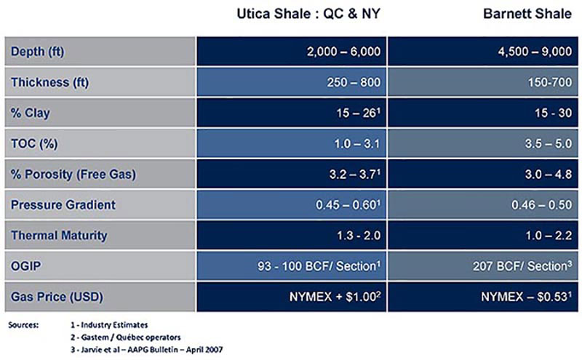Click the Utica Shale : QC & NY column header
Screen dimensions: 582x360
click(x=308, y=14)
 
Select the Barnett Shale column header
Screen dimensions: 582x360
click(x=527, y=14)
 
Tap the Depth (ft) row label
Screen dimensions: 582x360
click(x=38, y=51)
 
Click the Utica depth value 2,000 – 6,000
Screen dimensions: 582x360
click(x=343, y=51)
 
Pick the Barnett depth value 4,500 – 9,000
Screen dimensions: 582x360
click(x=535, y=51)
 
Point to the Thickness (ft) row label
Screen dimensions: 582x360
click(x=49, y=82)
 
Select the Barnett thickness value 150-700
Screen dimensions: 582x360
click(x=550, y=82)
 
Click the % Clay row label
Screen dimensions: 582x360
click(x=30, y=113)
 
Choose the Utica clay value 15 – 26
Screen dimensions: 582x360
click(x=359, y=113)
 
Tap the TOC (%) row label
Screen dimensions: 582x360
click(x=34, y=143)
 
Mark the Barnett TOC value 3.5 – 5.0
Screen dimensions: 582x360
click(x=549, y=143)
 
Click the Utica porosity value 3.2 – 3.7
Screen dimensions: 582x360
click(x=355, y=174)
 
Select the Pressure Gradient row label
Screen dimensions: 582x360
click(x=63, y=205)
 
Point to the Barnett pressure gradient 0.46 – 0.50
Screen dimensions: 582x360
click(x=542, y=205)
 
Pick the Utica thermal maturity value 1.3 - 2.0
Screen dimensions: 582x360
click(x=359, y=236)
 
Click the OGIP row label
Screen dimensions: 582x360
click(x=25, y=266)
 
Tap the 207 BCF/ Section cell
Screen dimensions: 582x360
click(x=522, y=266)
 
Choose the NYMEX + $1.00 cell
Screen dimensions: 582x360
click(x=335, y=297)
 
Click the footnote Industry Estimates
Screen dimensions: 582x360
click(x=109, y=325)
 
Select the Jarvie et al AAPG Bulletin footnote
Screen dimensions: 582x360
click(x=147, y=350)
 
